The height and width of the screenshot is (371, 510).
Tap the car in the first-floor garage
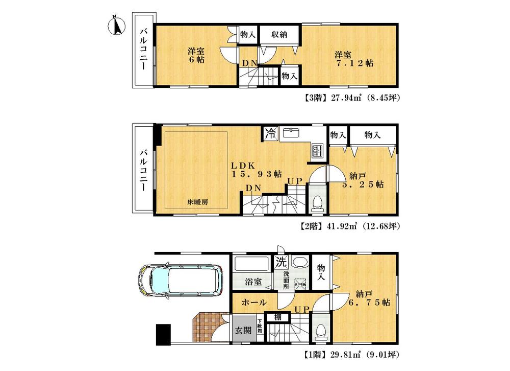coord(181,281)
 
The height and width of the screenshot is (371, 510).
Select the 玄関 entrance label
coord(243,330)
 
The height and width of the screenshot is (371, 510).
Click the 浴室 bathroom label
coord(252,281)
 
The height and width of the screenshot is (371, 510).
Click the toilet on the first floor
coord(320,332)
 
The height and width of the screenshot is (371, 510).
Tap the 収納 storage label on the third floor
coord(279,35)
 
